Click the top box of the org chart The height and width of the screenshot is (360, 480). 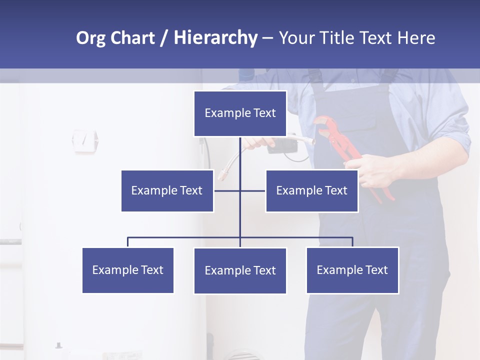[x=240, y=113]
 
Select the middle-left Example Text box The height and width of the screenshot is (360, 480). [x=167, y=190]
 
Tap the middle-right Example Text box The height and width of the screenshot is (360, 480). [x=311, y=190]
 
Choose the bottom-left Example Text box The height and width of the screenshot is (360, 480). [x=127, y=270]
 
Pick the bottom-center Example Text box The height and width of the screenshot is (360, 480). [x=240, y=270]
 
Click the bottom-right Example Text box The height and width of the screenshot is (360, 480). [x=352, y=270]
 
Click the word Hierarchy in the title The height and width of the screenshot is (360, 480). [x=215, y=38]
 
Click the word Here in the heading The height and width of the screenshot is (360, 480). [x=416, y=38]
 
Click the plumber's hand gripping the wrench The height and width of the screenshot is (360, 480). [x=380, y=170]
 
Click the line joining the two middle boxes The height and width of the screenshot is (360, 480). [x=252, y=190]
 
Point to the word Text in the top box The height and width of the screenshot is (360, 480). [x=264, y=113]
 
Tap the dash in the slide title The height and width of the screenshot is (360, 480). [x=267, y=38]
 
